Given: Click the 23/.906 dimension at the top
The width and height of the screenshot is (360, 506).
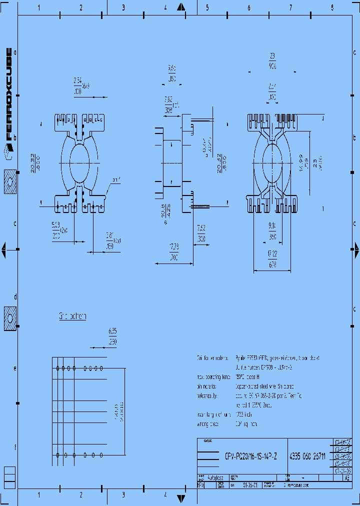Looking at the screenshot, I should (x=272, y=60).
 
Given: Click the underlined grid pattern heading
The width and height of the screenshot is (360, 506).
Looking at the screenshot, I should (x=72, y=316).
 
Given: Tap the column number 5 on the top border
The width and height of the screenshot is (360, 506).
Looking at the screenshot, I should (x=207, y=8).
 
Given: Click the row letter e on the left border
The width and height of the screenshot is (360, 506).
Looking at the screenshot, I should (x=15, y=368).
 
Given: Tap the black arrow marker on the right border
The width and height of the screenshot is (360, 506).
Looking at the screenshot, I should (x=356, y=248).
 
